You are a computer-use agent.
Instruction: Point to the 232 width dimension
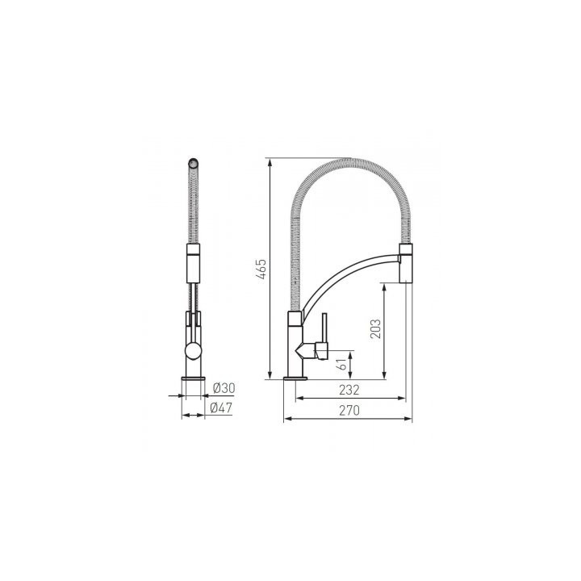tap(349, 390)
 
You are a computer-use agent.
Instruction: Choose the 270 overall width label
tap(349, 410)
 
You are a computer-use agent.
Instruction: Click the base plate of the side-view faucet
tap(295, 376)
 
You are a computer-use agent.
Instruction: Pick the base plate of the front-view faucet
tap(194, 376)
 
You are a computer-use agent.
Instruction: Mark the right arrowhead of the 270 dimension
tap(409, 420)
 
